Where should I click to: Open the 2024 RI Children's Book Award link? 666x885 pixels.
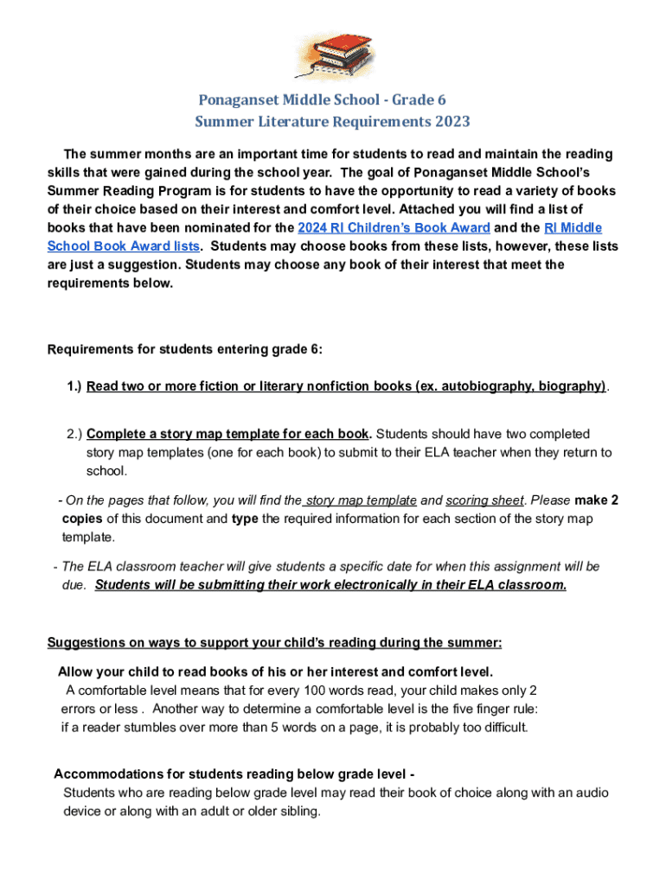pos(394,228)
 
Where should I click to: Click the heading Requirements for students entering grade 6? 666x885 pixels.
pos(184,349)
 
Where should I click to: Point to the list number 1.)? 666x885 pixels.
pos(74,386)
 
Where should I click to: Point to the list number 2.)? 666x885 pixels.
pos(74,434)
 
